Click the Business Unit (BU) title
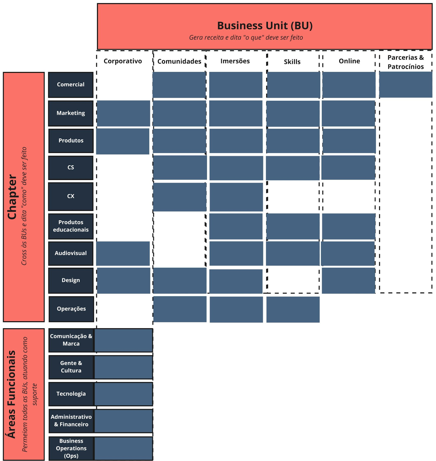[265, 26]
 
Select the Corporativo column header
[123, 61]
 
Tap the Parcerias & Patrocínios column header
[405, 62]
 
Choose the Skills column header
[292, 62]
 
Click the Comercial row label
[71, 85]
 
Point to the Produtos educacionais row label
[71, 226]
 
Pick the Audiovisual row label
[71, 253]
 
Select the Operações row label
[71, 309]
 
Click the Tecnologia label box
[71, 394]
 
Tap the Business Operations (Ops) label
[71, 448]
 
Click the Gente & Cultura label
[71, 367]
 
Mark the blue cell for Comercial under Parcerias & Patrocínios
[405, 85]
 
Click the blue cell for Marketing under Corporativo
[123, 113]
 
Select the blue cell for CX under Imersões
[236, 197]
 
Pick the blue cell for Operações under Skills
[293, 309]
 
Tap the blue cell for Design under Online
[349, 281]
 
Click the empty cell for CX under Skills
[293, 197]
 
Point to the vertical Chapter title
[12, 197]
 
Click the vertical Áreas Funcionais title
[12, 394]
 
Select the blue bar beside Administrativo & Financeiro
[124, 421]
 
